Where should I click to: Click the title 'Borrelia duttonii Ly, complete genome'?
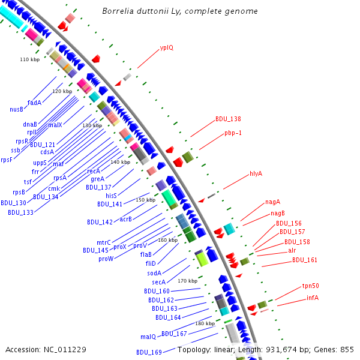180,11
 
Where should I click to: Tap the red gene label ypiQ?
166,48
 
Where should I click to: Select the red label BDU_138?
228,119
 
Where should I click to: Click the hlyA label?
256,173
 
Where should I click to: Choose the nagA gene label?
273,202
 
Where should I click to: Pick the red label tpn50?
310,286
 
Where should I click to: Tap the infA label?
312,297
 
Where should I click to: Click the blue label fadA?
34,103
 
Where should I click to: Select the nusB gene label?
16,109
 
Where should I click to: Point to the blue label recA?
94,171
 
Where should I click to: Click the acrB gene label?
125,219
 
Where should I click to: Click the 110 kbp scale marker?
29,59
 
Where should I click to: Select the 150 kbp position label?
145,200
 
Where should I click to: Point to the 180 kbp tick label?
205,323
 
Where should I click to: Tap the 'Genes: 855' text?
335,349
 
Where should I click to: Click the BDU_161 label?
305,260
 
